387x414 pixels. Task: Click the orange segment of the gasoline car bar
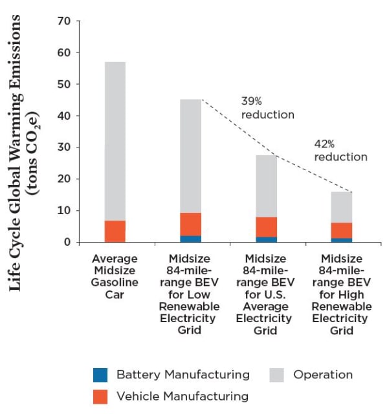pos(115,232)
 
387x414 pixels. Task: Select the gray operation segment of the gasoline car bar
pos(115,141)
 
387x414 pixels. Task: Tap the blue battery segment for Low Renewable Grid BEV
pos(190,239)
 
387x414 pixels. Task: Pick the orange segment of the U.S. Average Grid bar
pos(266,227)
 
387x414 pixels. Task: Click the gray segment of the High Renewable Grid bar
pos(342,207)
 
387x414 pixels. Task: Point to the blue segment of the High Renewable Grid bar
pos(342,240)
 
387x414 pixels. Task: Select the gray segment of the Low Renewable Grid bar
pos(190,156)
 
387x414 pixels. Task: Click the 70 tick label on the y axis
pos(64,21)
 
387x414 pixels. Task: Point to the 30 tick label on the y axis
pos(64,147)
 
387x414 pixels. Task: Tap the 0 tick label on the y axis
pos(67,242)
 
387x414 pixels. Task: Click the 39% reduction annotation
pos(267,108)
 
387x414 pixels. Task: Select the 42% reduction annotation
pos(341,151)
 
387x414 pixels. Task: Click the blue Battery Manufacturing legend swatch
pos(100,375)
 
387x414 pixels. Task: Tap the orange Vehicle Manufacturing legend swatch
pos(100,397)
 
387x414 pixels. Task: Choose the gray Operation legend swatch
pos(276,375)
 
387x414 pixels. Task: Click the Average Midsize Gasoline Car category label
pos(115,276)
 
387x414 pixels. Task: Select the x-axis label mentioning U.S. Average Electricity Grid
pos(265,294)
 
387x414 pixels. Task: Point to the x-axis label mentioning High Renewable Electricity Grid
pos(342,294)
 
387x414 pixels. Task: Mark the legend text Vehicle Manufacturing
pos(182,397)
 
